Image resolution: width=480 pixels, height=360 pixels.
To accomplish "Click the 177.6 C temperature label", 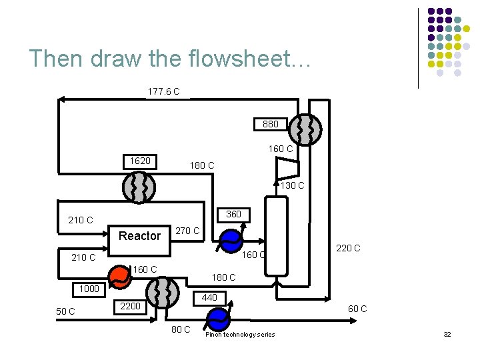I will (x=163, y=91).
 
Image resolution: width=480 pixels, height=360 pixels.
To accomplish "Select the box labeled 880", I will (x=270, y=124).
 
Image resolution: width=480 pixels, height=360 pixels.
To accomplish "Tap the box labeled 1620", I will (x=139, y=161).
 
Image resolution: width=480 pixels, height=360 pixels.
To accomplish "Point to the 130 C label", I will (x=291, y=186).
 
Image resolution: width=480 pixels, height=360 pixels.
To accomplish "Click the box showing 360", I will (x=233, y=215).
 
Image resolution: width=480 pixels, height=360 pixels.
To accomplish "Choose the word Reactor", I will (x=139, y=236).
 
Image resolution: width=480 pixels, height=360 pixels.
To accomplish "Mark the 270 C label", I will (x=187, y=231).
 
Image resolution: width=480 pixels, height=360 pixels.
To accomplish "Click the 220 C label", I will (x=348, y=248).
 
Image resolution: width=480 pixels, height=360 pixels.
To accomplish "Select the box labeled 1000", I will (x=89, y=289).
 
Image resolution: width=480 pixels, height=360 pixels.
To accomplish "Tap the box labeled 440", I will (x=209, y=298).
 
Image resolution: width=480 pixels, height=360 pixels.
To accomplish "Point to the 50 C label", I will (x=65, y=312).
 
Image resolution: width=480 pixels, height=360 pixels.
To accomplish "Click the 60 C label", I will (x=357, y=309).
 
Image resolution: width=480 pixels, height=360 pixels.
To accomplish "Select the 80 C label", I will (x=180, y=329).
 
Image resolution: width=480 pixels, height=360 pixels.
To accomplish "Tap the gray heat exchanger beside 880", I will (x=307, y=129).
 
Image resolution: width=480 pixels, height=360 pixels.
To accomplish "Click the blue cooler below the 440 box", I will (x=217, y=318).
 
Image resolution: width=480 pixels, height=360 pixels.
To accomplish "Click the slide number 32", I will (x=447, y=334).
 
